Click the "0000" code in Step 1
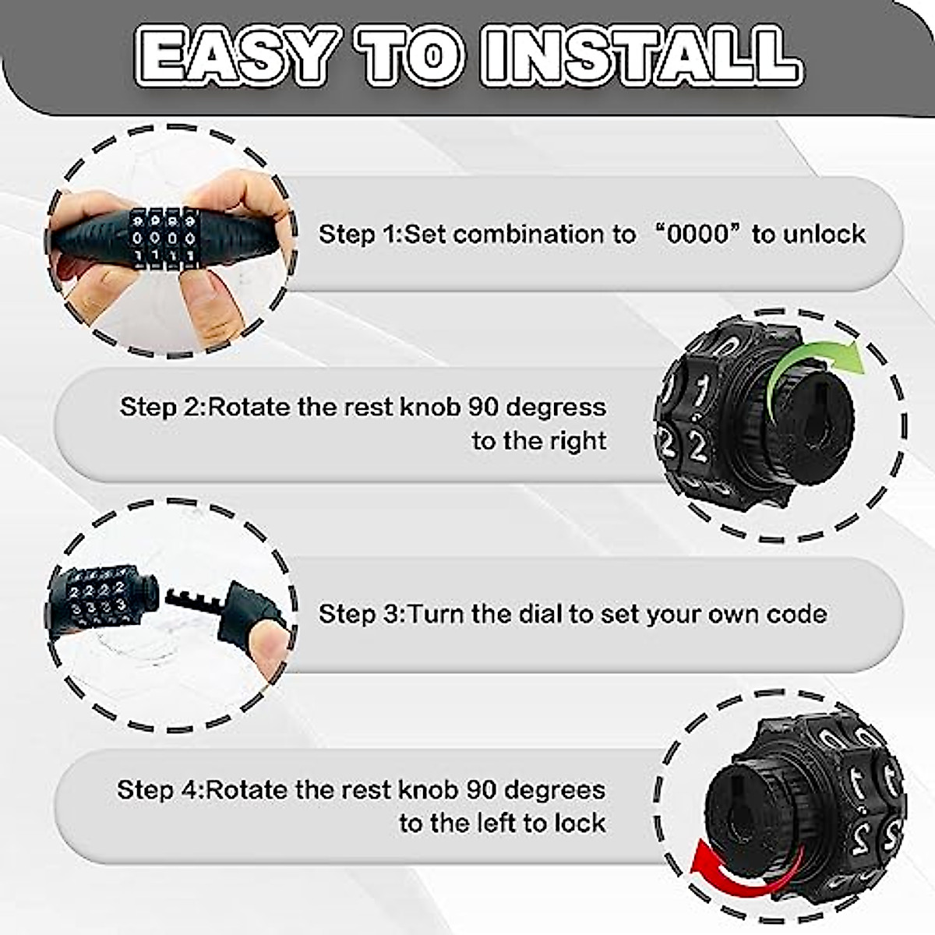697,234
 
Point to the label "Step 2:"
162,407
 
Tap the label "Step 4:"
160,790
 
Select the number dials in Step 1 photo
162,238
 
